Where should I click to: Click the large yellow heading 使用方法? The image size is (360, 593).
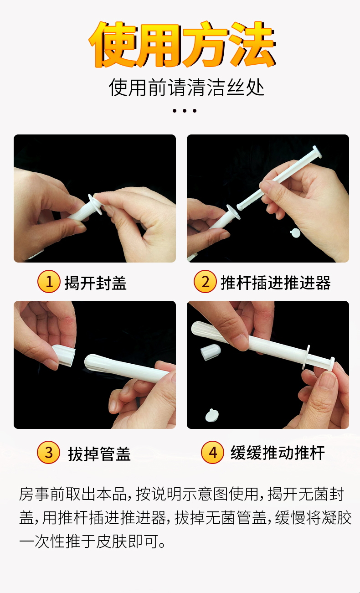182,44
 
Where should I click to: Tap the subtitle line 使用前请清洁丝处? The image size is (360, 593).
186,87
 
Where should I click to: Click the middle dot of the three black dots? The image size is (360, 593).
185,111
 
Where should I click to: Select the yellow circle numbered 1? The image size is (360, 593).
49,281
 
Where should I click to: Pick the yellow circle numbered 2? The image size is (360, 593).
205,281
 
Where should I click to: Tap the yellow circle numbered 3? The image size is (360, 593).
49,452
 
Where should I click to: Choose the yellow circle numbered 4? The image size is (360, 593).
212,452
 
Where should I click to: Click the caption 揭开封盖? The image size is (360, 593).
96,283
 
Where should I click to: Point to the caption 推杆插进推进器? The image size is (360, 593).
276,283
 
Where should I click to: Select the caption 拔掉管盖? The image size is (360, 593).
99,454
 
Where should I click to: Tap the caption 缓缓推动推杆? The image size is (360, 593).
278,453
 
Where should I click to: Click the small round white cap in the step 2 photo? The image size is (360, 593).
295,233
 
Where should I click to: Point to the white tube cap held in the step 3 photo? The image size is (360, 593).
63,355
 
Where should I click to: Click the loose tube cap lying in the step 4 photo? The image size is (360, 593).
210,352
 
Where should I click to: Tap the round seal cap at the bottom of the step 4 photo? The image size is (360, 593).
212,415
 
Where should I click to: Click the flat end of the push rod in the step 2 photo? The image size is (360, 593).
317,152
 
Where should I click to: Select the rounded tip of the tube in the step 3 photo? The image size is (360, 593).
89,361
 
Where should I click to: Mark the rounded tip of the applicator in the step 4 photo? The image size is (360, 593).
196,328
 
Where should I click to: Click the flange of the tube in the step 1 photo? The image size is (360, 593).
95,204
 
